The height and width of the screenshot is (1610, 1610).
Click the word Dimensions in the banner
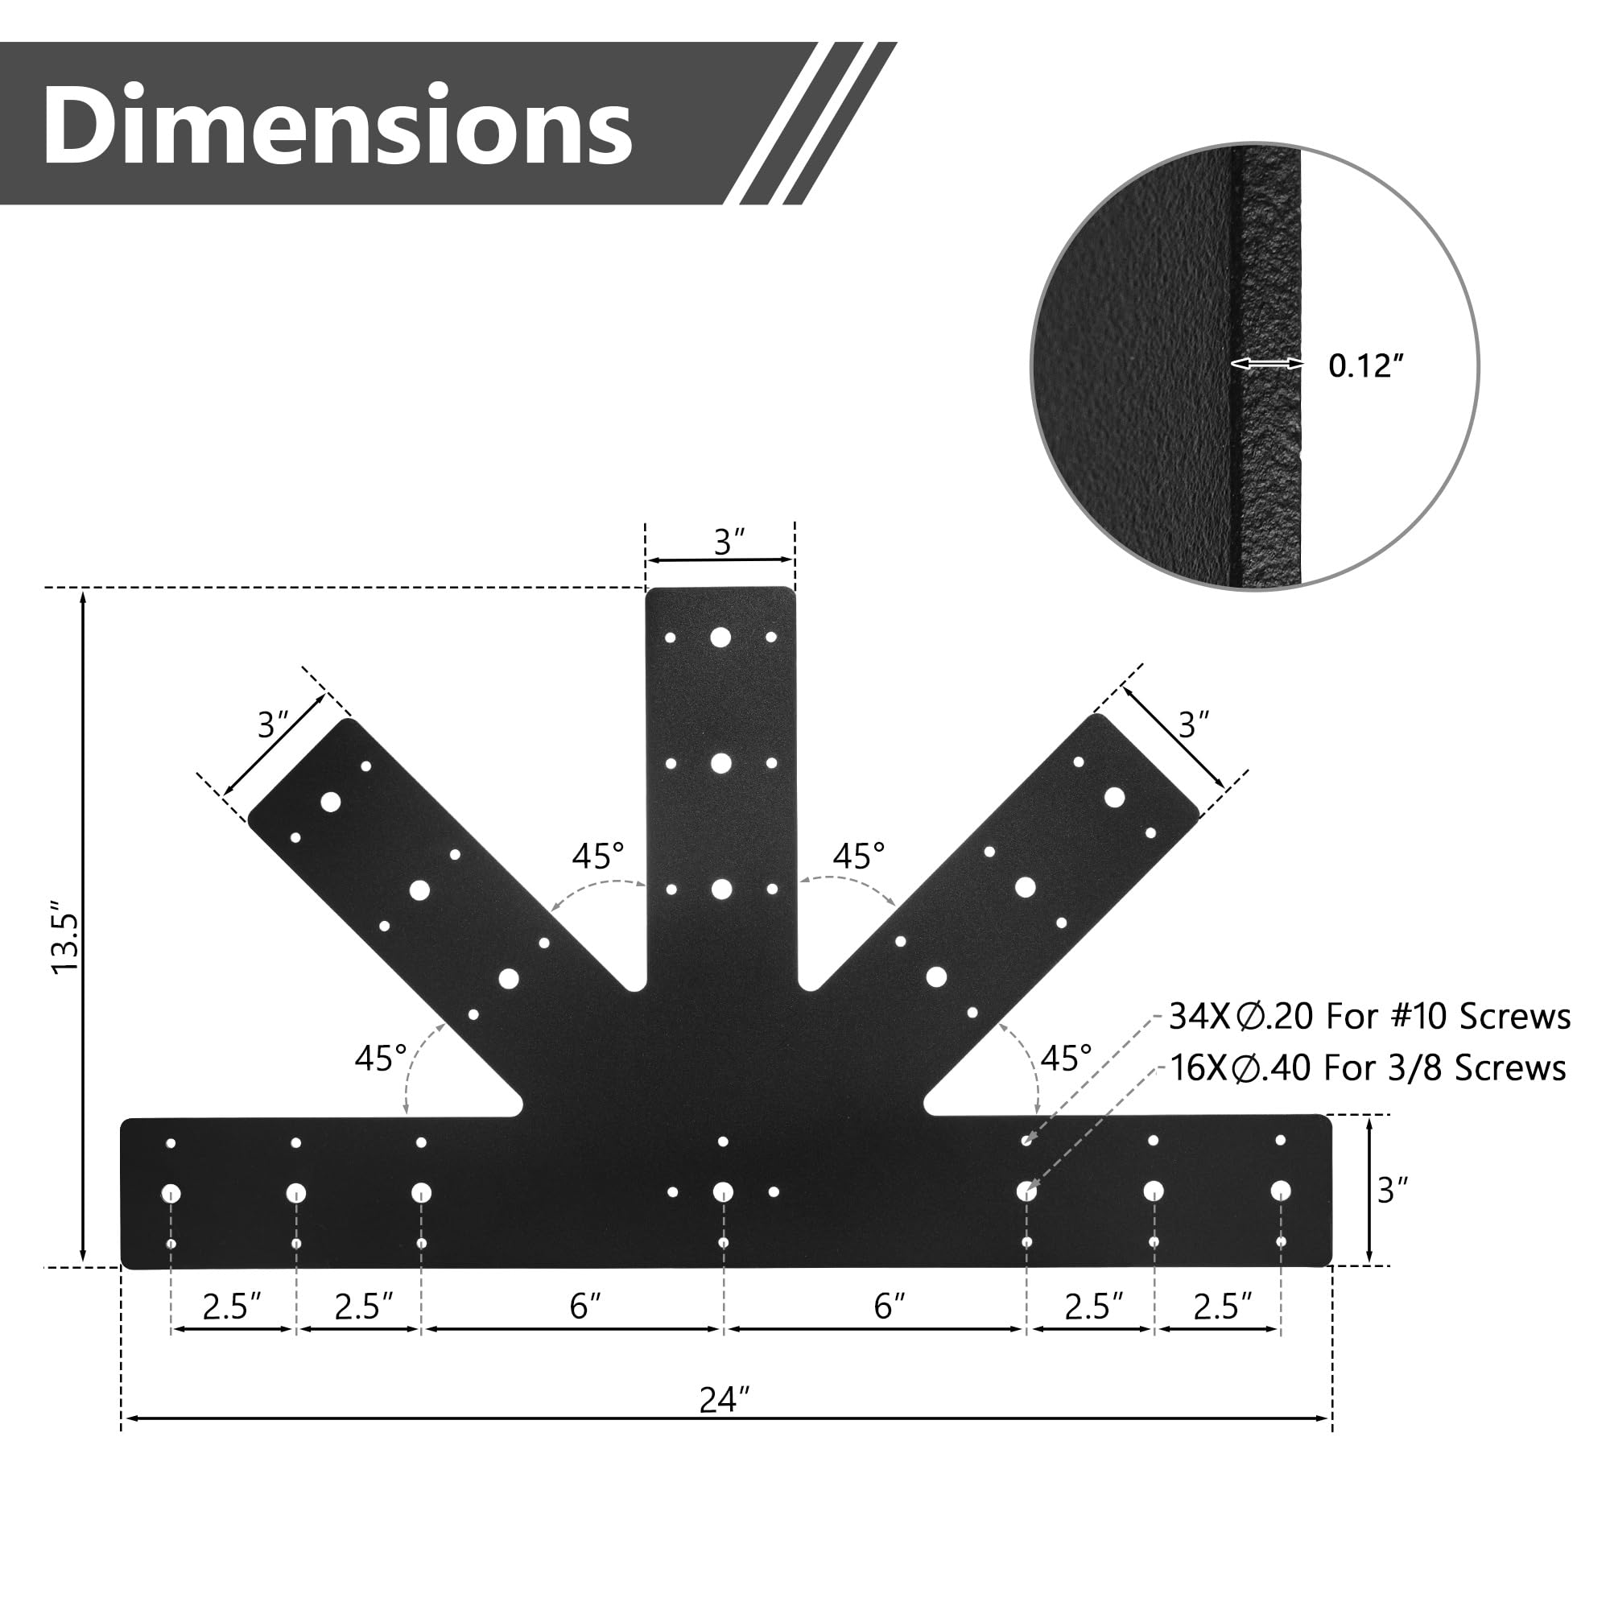[337, 125]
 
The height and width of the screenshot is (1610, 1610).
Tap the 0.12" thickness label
[1366, 366]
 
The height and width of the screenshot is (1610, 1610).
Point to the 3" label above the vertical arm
[729, 543]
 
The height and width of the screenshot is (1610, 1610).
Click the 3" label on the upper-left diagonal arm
[273, 725]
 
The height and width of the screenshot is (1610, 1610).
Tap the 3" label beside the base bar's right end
[1393, 1190]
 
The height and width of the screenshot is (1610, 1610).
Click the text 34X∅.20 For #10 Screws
[1369, 1017]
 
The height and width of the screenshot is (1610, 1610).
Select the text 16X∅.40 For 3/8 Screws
[1368, 1068]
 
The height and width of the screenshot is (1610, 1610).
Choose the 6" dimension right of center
[890, 1306]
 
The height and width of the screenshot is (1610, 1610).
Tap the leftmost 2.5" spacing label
[232, 1307]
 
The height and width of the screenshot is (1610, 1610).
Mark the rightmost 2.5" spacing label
[1223, 1307]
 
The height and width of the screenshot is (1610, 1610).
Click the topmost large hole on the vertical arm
[720, 638]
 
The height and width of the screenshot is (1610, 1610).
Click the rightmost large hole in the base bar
[1281, 1190]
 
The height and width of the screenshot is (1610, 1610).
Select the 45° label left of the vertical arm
[597, 856]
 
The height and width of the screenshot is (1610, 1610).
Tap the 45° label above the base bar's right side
[1066, 1059]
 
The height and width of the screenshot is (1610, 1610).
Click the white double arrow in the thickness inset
[1268, 363]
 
